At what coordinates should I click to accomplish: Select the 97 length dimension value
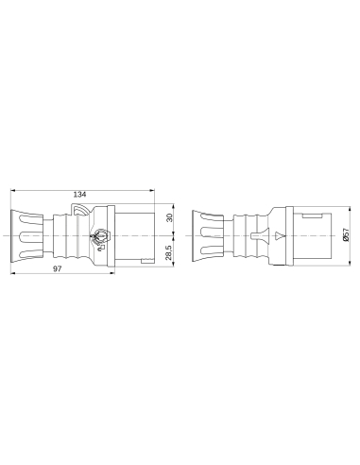(x=59, y=270)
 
